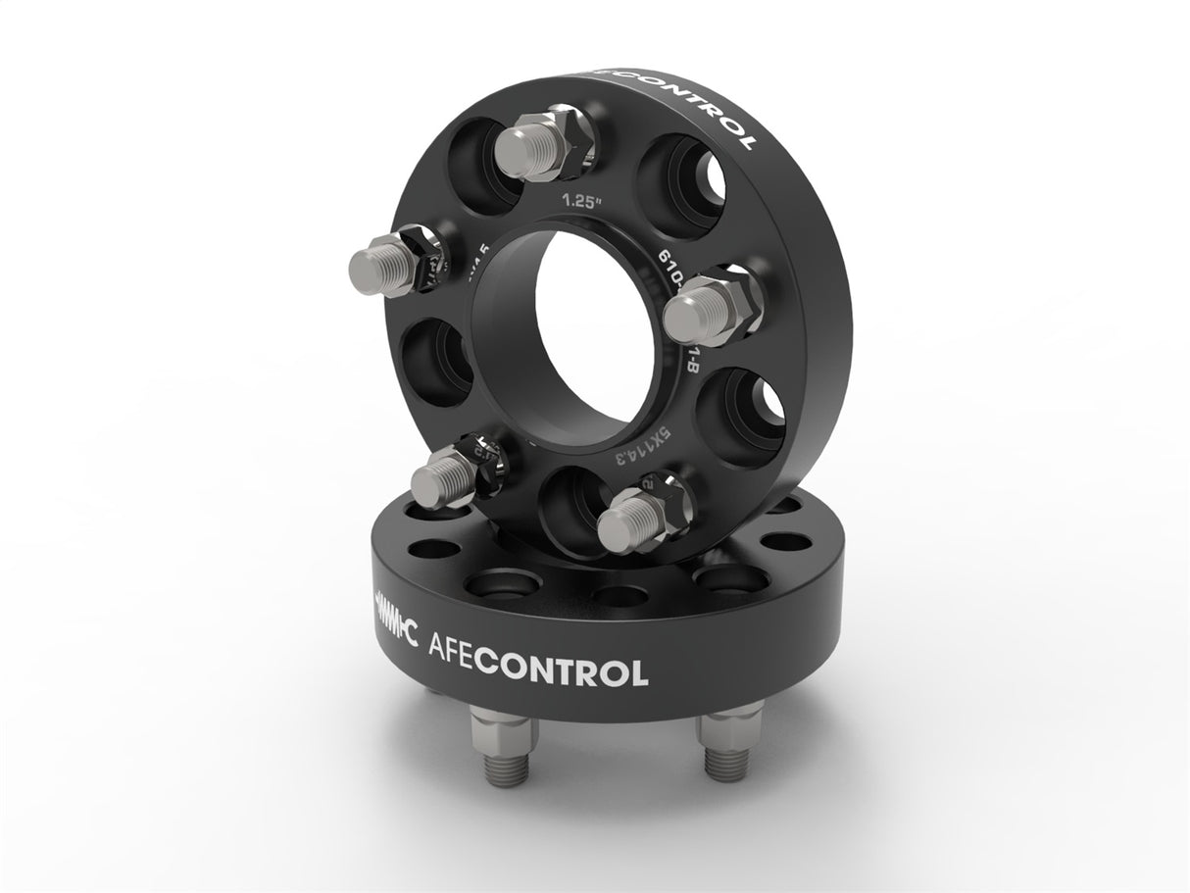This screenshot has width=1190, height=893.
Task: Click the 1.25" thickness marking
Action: (x=579, y=203)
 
